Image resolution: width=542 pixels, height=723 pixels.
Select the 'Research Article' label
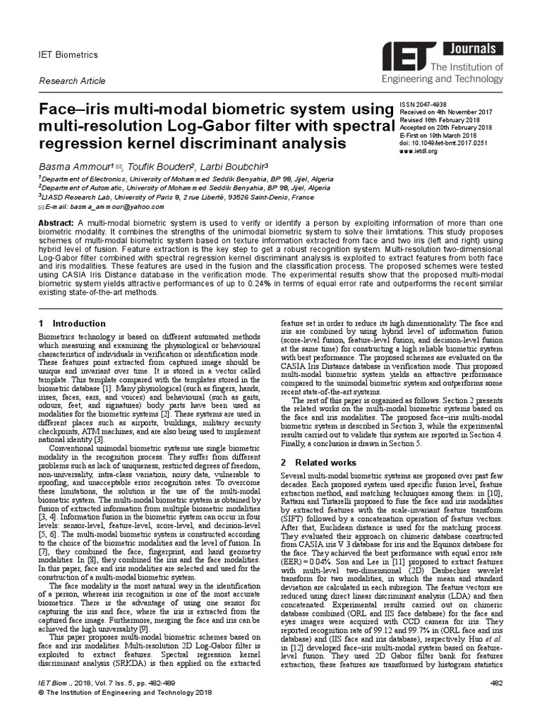[x=71, y=81]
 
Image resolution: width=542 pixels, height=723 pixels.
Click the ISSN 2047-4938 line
[x=424, y=104]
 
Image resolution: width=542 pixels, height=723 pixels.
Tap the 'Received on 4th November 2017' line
[x=445, y=112]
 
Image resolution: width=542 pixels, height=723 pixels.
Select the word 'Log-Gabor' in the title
[x=206, y=126]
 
